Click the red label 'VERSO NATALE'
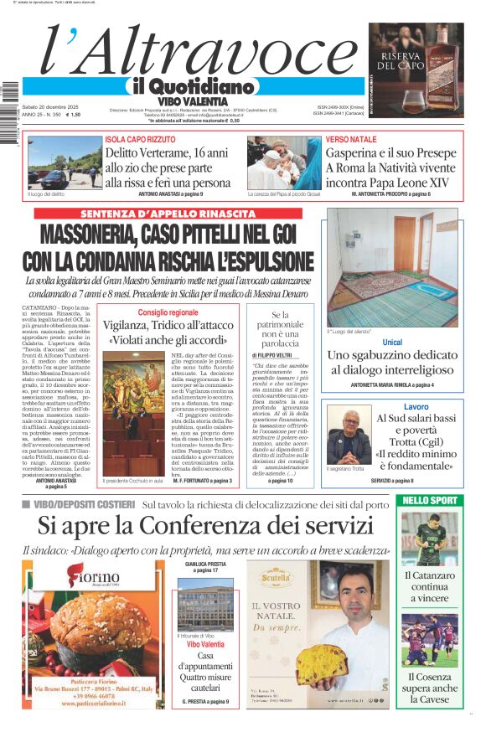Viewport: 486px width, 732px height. [x=351, y=139]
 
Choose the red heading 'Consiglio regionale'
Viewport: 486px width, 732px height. [x=168, y=312]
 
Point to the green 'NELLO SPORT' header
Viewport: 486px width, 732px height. [x=429, y=500]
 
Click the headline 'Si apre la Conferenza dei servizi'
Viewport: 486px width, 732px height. [x=205, y=526]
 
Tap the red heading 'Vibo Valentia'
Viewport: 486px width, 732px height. [x=204, y=645]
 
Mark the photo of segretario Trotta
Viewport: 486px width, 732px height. [x=349, y=436]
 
